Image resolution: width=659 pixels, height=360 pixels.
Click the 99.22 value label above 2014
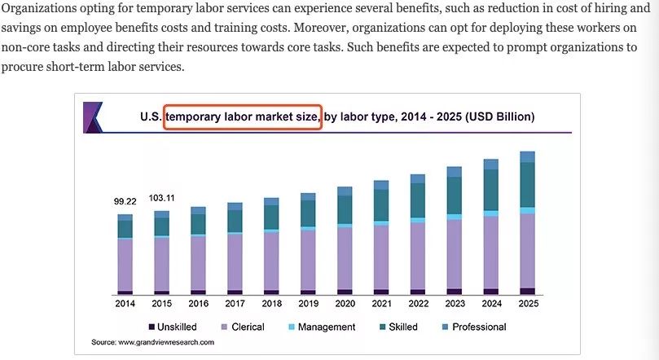(x=125, y=201)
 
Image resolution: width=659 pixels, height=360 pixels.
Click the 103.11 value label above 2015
(x=161, y=198)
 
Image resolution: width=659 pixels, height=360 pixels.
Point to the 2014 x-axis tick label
(x=125, y=304)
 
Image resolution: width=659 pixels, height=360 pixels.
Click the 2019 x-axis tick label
(x=308, y=304)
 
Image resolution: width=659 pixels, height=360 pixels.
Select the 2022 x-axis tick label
(x=418, y=304)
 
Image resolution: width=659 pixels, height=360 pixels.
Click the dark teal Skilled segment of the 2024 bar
(x=490, y=190)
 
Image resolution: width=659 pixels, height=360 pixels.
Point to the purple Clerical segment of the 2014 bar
(x=125, y=264)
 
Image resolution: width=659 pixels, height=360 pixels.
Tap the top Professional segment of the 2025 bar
(x=527, y=157)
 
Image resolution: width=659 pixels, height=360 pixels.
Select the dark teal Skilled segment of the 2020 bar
(x=345, y=209)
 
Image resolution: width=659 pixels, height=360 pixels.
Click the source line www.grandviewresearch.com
(x=152, y=342)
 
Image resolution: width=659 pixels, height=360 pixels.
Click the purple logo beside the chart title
(x=93, y=116)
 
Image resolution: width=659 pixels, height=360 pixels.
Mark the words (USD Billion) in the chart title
(x=499, y=116)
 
